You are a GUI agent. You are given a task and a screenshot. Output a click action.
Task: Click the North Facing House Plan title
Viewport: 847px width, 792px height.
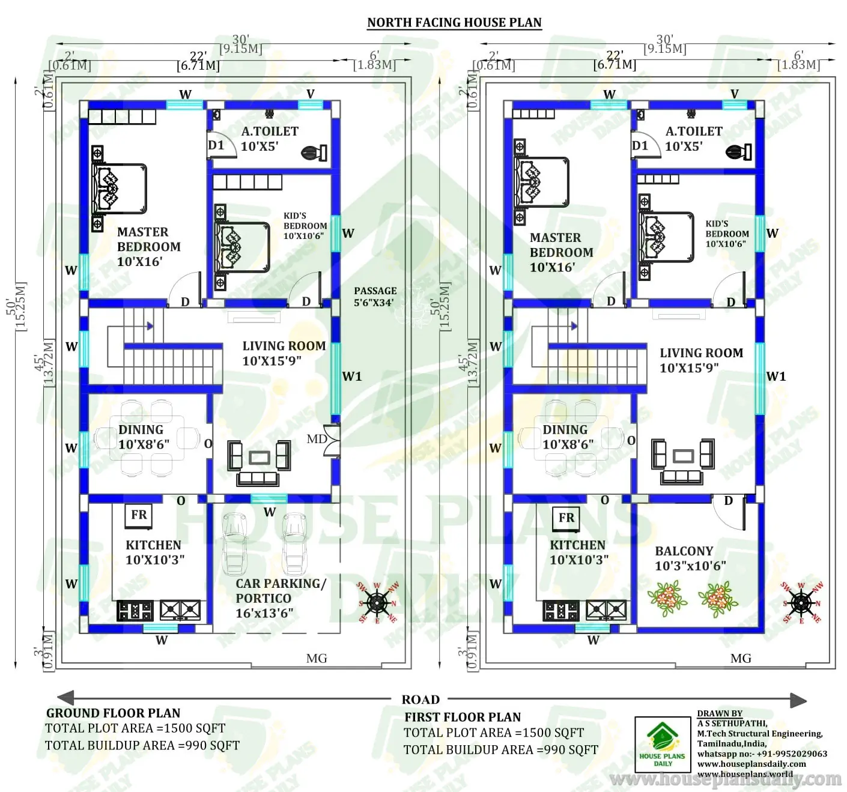(454, 23)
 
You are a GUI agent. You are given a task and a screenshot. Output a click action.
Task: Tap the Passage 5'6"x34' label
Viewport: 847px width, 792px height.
(375, 297)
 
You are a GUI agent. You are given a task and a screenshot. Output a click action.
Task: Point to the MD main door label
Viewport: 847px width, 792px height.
(317, 439)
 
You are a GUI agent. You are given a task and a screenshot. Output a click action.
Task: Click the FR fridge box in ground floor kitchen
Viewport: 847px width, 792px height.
(139, 515)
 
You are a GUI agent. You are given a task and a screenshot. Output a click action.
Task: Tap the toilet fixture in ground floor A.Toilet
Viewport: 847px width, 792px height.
(314, 153)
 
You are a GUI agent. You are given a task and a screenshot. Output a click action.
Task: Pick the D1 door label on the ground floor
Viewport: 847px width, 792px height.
(216, 145)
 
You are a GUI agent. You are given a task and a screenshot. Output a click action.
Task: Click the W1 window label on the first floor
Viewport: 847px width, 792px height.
(776, 376)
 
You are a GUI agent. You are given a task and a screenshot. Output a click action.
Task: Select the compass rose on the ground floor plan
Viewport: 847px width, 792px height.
(377, 603)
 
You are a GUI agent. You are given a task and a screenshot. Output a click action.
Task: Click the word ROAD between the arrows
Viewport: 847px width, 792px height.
(420, 700)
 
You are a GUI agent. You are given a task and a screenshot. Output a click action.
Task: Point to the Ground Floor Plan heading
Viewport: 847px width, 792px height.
(113, 713)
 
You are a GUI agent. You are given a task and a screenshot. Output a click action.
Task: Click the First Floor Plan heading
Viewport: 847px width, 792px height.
(463, 717)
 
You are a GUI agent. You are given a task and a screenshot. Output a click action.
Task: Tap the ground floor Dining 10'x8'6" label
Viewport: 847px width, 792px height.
(143, 437)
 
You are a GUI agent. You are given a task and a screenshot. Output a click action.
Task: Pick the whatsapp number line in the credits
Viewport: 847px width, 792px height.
(762, 754)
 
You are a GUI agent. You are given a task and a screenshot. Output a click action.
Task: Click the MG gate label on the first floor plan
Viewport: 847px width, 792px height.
(741, 659)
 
